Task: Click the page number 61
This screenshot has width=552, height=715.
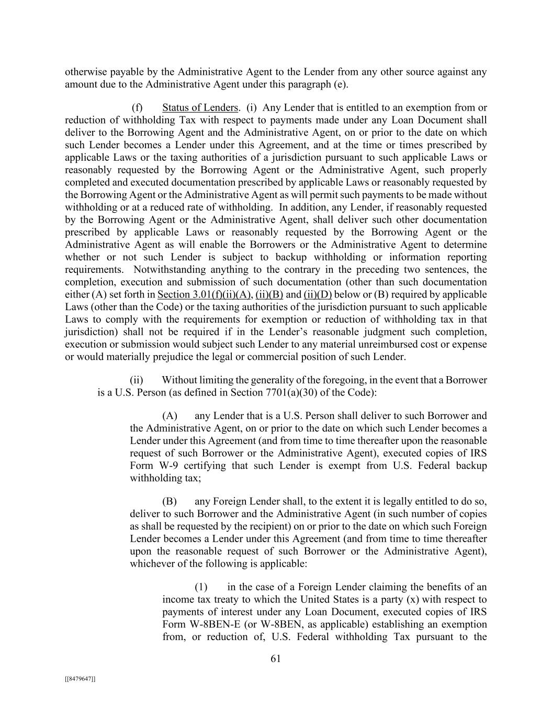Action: tap(276, 659)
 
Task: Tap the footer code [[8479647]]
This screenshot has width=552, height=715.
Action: tap(80, 679)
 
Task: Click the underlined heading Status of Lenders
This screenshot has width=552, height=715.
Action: tap(200, 107)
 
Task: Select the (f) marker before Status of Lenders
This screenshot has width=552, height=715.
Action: tap(137, 107)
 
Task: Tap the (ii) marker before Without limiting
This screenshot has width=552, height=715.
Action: tap(136, 380)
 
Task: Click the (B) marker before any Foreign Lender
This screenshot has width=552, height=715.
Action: tap(170, 501)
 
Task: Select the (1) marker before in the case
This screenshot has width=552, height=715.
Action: tap(201, 587)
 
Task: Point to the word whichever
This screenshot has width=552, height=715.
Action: tap(152, 564)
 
